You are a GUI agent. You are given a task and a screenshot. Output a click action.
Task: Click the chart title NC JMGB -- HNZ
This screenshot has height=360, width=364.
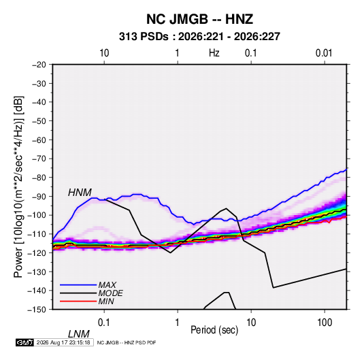click(x=199, y=19)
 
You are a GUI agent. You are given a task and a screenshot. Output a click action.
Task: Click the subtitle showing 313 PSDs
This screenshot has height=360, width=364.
click(x=199, y=37)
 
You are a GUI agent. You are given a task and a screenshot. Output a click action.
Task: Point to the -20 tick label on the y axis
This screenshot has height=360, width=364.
click(x=39, y=65)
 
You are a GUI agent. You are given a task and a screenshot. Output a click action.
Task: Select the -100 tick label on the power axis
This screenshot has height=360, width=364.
click(x=37, y=215)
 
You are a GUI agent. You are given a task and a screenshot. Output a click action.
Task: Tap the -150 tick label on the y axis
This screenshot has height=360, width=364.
click(x=37, y=310)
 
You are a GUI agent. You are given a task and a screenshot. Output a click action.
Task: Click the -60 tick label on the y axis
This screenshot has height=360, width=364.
click(x=39, y=140)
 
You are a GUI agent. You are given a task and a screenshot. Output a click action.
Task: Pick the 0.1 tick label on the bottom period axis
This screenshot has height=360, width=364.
click(x=104, y=323)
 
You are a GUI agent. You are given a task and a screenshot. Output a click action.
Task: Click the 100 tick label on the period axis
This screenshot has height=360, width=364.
click(x=325, y=323)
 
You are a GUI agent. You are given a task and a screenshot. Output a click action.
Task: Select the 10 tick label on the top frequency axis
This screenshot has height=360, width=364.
click(x=104, y=53)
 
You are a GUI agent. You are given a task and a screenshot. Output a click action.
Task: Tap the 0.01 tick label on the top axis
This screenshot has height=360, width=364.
click(x=324, y=53)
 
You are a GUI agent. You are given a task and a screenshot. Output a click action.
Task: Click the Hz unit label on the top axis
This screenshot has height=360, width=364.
click(x=214, y=53)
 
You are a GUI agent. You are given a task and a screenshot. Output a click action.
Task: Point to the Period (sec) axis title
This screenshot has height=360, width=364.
click(x=214, y=330)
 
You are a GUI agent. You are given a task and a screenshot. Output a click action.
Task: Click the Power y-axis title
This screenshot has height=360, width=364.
click(x=18, y=186)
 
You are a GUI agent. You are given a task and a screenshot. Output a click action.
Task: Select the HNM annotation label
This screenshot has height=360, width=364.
click(x=80, y=193)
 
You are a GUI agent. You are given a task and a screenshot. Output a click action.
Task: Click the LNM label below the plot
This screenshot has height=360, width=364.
click(x=79, y=334)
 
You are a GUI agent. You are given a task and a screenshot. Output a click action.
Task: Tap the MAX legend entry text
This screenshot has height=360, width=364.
click(x=107, y=284)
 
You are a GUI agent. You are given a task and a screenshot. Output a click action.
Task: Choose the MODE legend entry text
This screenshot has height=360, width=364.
click(x=110, y=293)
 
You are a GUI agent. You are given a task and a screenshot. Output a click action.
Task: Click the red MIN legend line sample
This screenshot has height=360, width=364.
click(x=78, y=301)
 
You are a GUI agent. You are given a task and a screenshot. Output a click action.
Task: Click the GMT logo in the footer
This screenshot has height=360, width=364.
click(x=25, y=342)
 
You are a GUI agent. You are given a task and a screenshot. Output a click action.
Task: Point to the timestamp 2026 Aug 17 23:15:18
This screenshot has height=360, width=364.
click(x=63, y=342)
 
